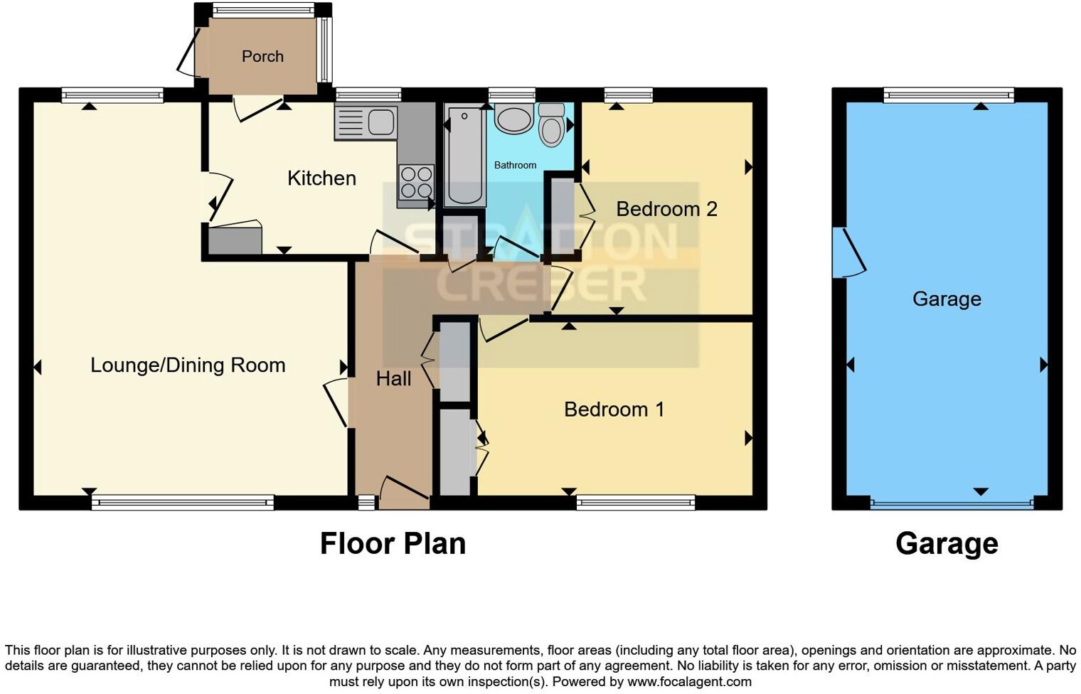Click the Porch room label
click(x=262, y=56)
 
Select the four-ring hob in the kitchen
click(x=416, y=182)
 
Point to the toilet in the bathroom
click(x=551, y=126)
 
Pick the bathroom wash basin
click(x=514, y=119)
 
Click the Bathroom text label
click(x=515, y=165)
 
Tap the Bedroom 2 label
click(x=666, y=209)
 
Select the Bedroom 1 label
click(x=614, y=410)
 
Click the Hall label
click(x=393, y=379)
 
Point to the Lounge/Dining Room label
click(x=188, y=365)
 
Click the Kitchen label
click(x=321, y=178)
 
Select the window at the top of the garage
click(x=948, y=95)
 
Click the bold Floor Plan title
click(x=393, y=544)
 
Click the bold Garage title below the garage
click(x=947, y=544)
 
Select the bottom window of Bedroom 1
click(x=635, y=503)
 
